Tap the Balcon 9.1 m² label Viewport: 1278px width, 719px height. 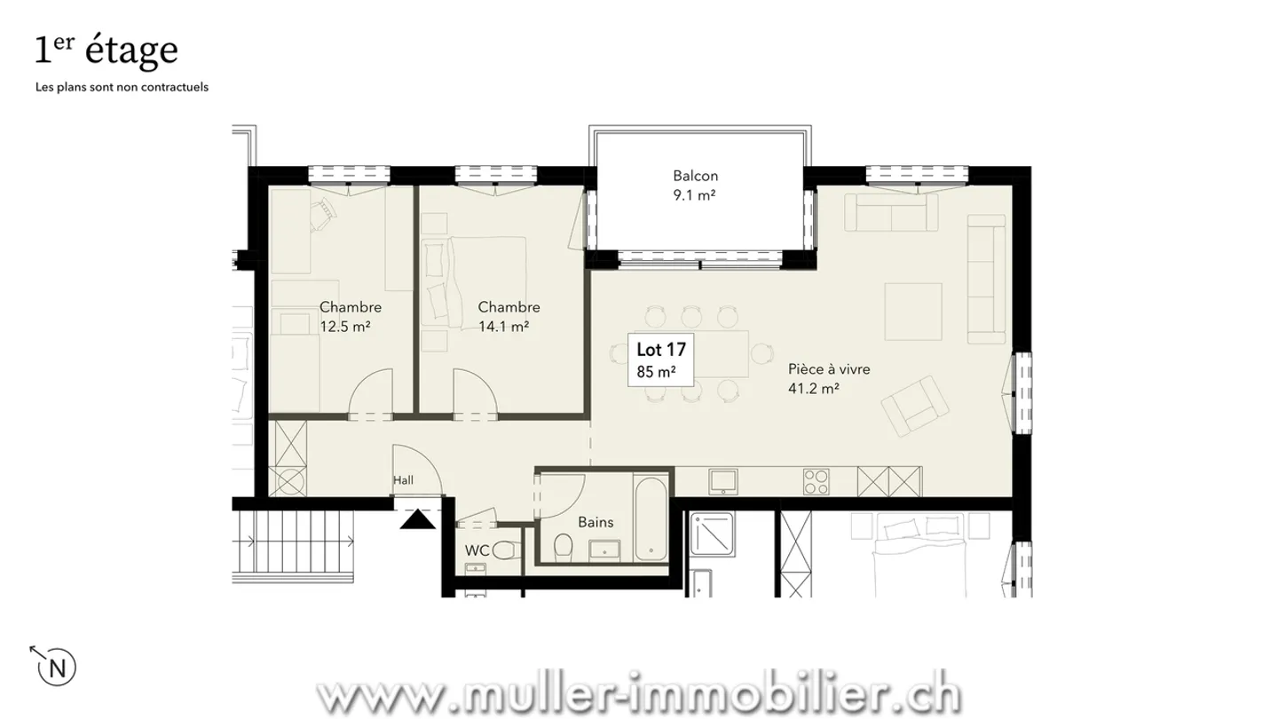click(x=695, y=186)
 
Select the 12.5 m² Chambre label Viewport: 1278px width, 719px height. click(x=350, y=317)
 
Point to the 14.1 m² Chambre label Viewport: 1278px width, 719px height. click(x=509, y=317)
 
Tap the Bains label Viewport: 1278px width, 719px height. click(x=596, y=523)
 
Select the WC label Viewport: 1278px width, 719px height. click(x=477, y=550)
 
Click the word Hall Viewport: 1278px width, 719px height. click(x=404, y=480)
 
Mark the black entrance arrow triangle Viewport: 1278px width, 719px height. click(x=417, y=519)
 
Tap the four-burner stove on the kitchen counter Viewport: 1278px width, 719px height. click(x=816, y=482)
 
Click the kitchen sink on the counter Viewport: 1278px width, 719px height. click(x=724, y=481)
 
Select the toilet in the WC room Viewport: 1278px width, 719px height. click(x=504, y=550)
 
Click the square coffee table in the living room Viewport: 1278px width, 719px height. click(x=913, y=311)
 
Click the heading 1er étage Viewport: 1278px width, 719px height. click(x=106, y=51)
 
